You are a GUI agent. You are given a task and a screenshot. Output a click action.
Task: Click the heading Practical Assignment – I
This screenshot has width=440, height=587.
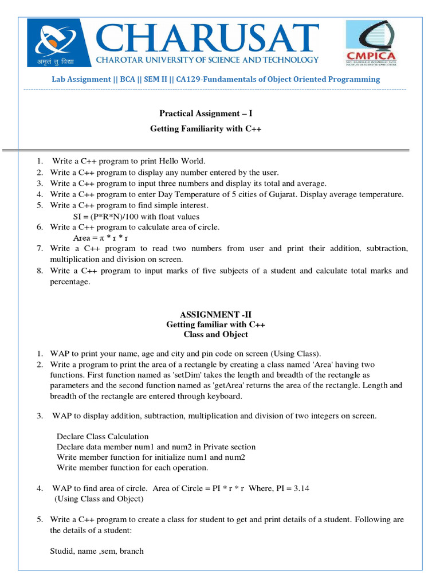tap(205, 114)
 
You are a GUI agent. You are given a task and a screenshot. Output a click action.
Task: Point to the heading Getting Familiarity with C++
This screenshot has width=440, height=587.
tap(206, 129)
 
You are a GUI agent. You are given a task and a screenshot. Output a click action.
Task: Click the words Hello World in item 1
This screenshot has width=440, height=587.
tap(182, 162)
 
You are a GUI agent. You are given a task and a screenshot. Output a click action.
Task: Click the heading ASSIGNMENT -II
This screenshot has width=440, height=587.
tap(215, 315)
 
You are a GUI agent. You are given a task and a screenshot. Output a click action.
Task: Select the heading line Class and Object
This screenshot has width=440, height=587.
tap(215, 334)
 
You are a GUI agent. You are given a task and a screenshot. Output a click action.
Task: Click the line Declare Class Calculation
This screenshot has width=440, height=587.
tap(103, 436)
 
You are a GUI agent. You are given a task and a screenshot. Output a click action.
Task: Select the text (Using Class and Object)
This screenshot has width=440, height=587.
tap(99, 499)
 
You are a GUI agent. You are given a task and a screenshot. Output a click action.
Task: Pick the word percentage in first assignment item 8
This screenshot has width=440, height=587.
tap(70, 282)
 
